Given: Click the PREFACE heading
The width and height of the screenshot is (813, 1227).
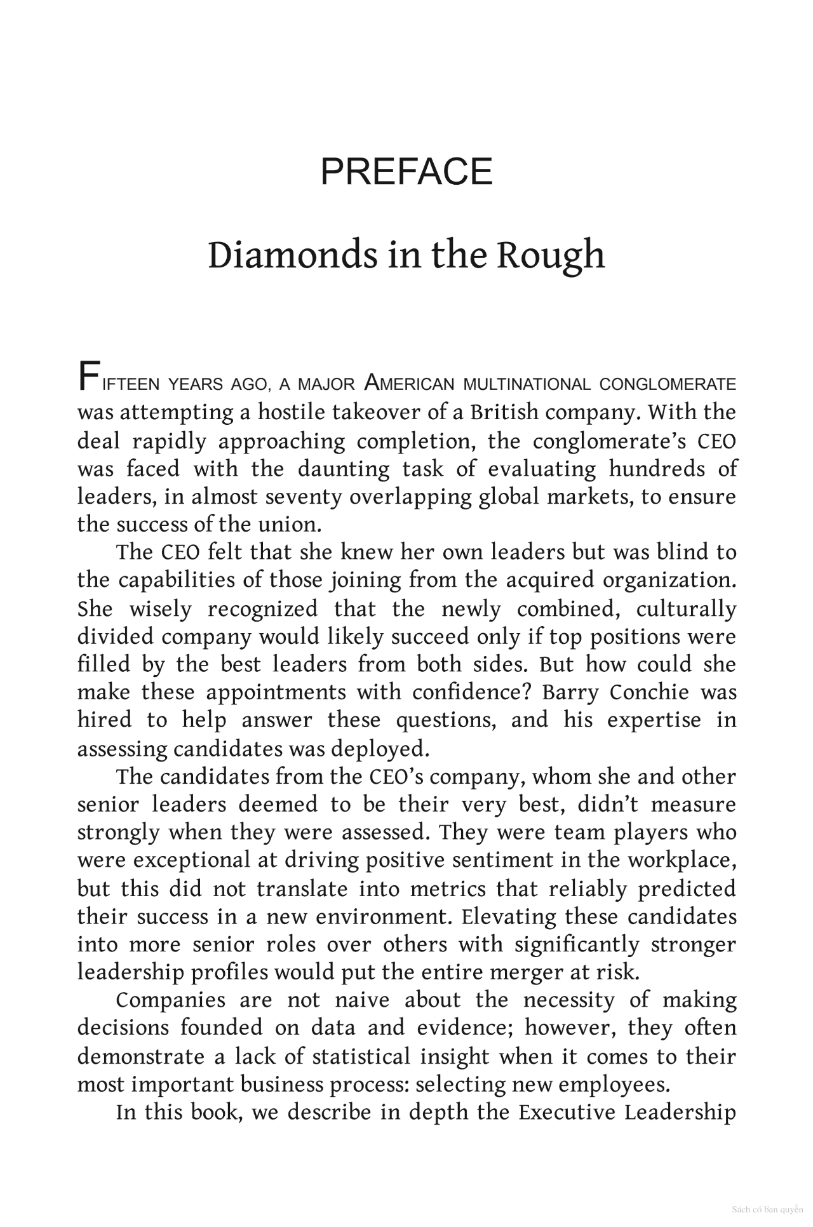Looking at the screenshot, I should pos(406,171).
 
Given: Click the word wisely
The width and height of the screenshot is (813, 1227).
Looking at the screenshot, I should pos(160,609).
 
